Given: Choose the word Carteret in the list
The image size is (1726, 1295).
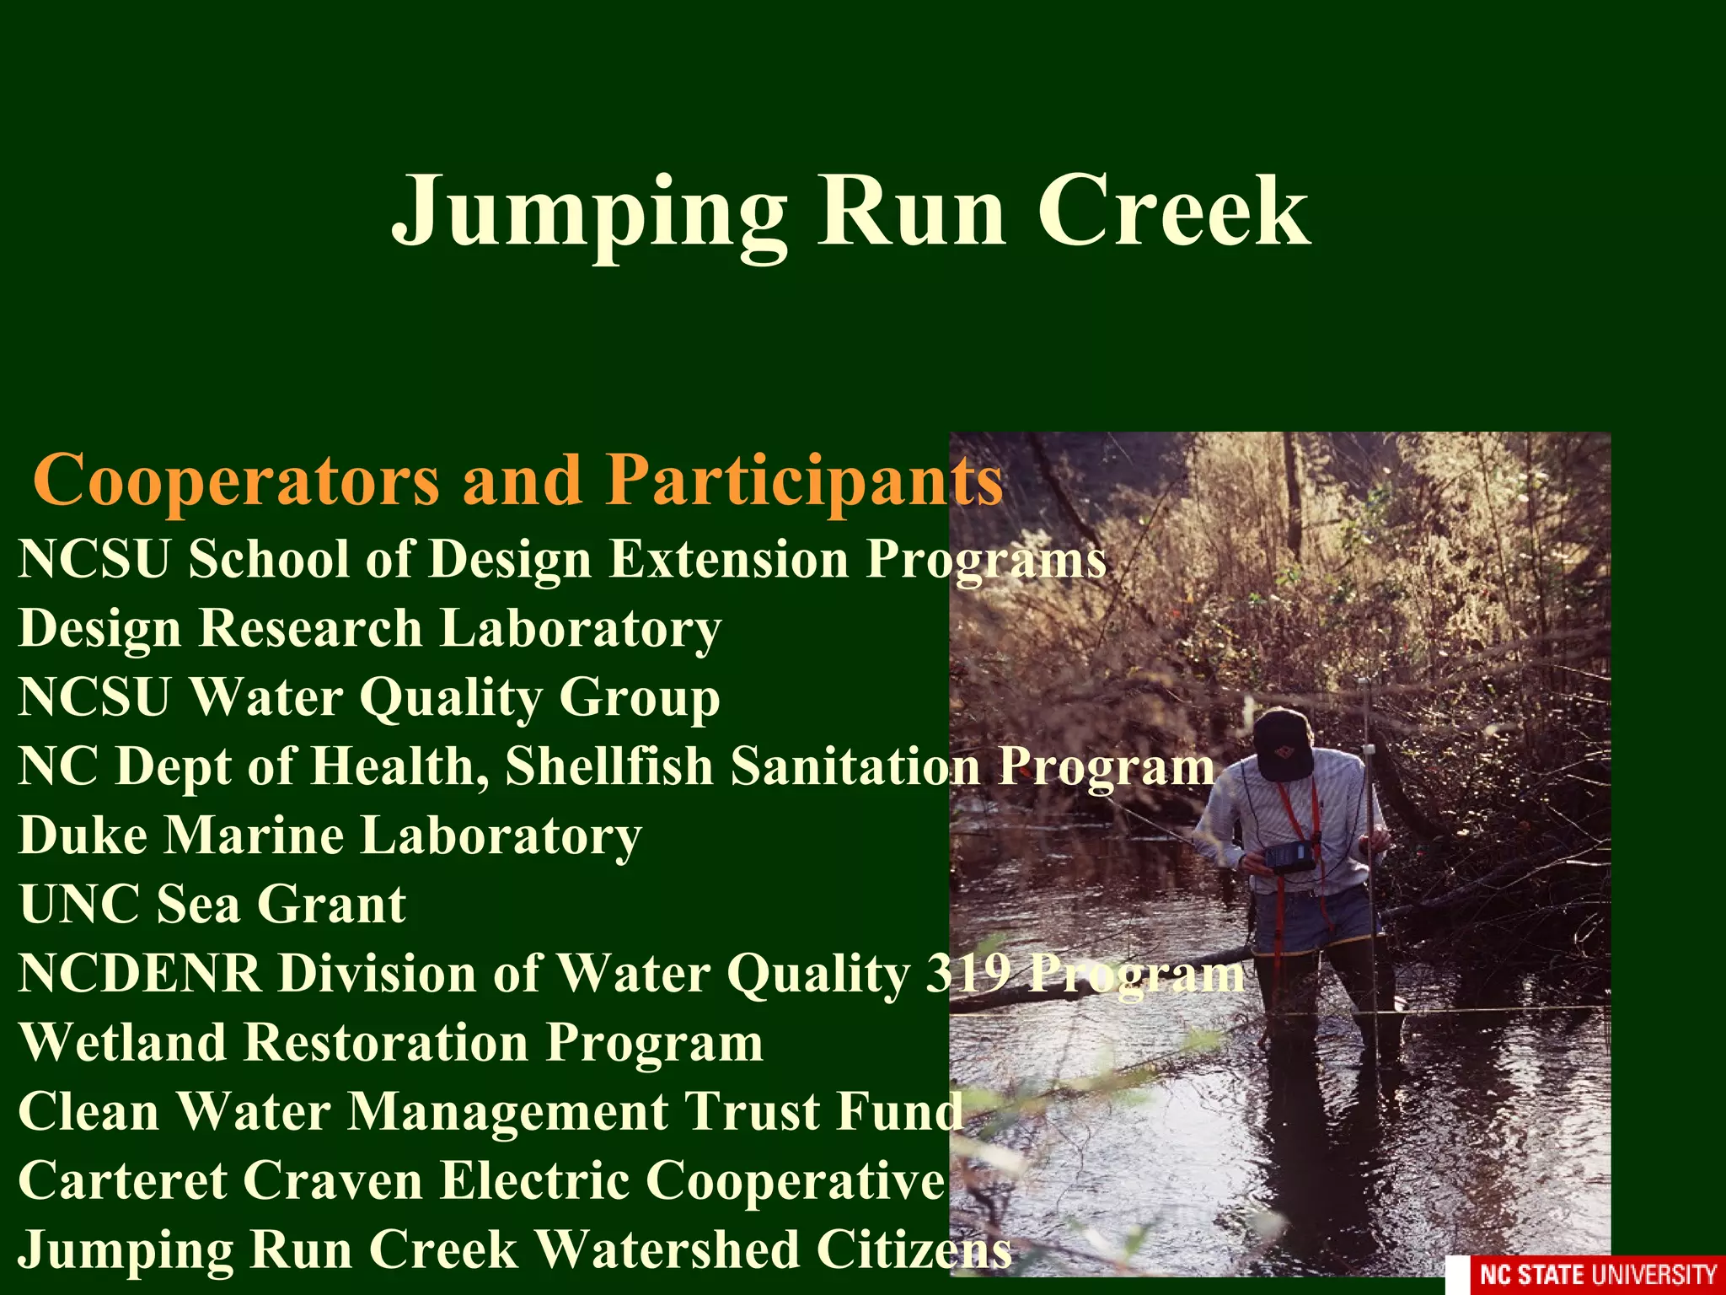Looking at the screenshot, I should (122, 1180).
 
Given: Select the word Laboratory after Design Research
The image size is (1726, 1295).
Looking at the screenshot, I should (581, 629).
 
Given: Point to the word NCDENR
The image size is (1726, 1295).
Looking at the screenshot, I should (140, 974).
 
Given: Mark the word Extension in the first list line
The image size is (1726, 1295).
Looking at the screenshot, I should (729, 559).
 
